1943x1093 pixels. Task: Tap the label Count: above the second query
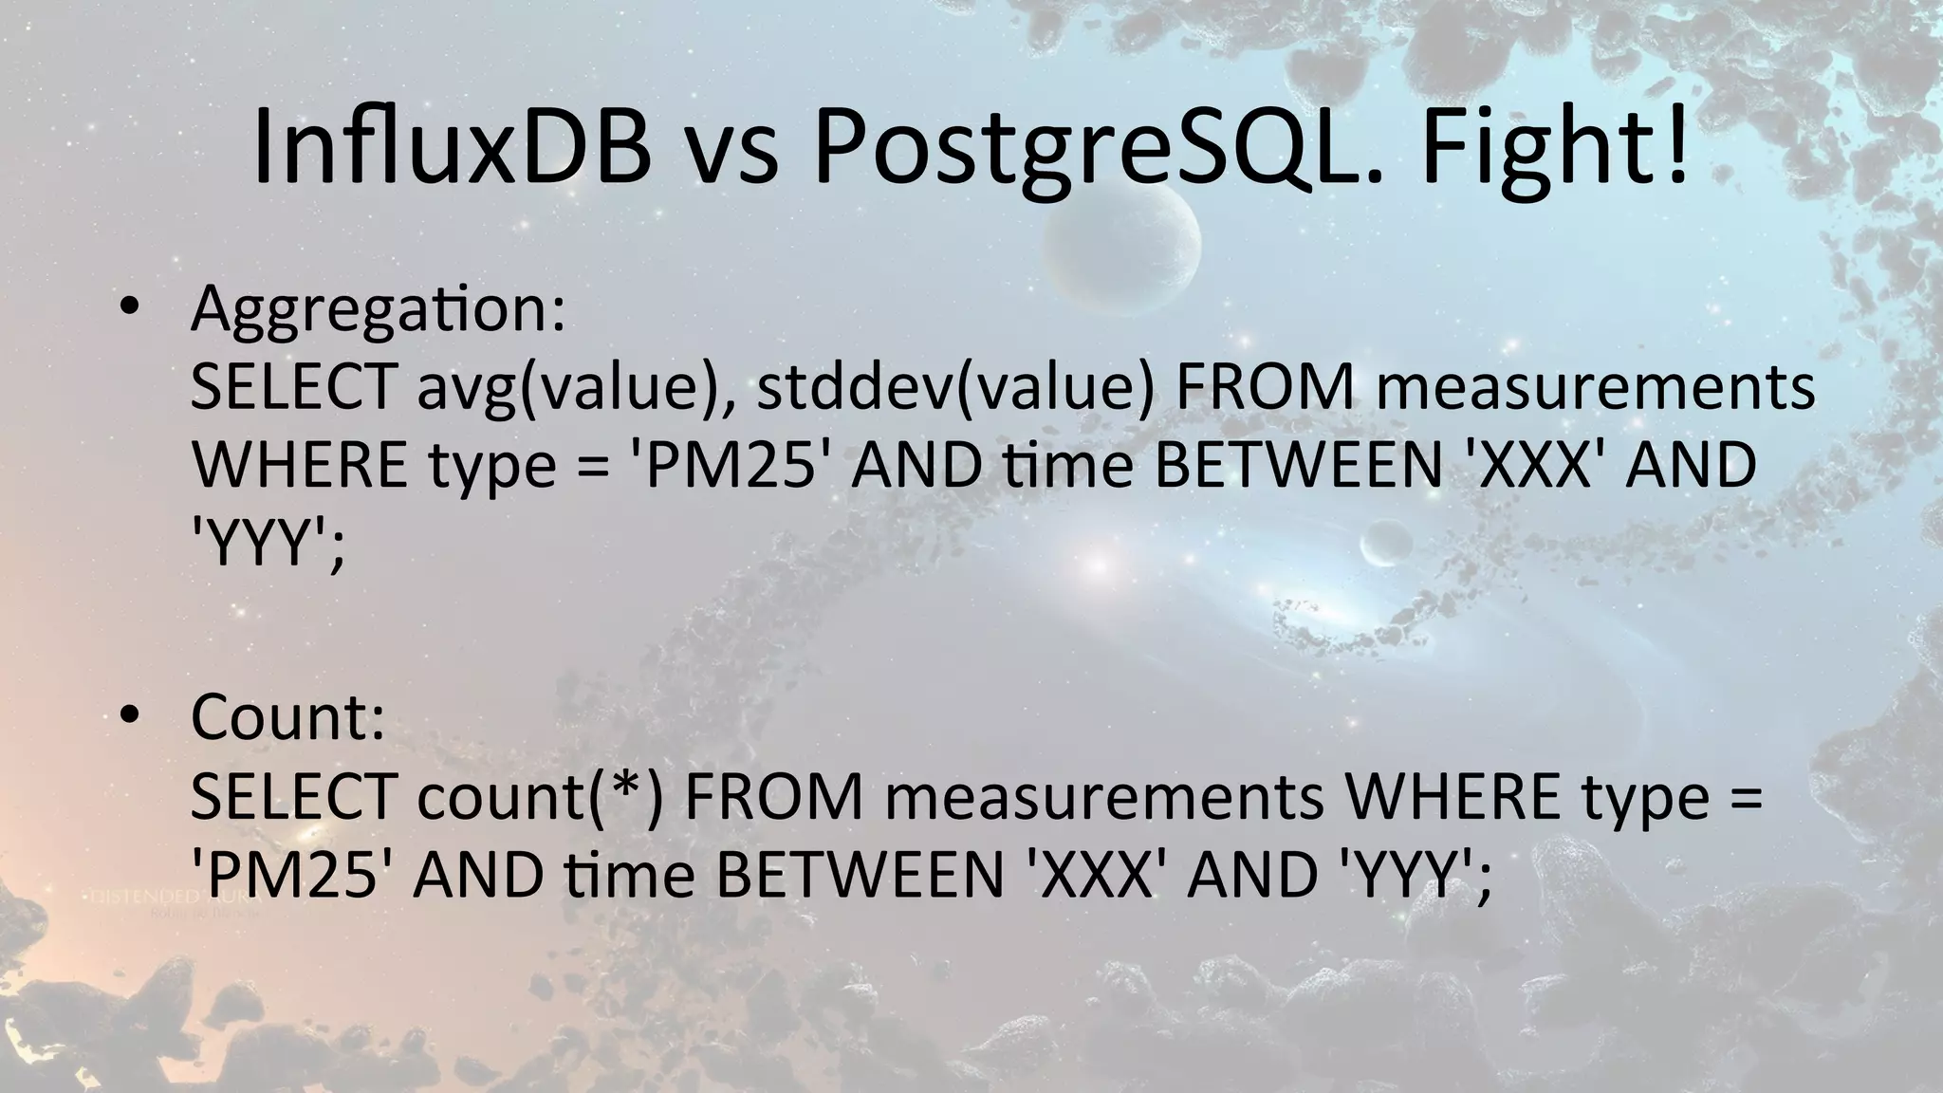point(287,716)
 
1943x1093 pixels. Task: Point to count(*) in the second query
point(540,797)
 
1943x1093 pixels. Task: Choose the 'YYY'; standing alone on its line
point(267,546)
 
